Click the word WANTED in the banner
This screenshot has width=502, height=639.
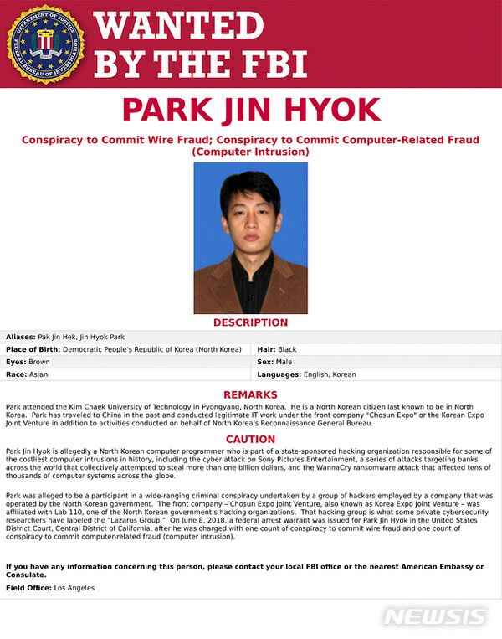178,26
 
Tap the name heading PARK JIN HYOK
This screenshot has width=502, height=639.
250,111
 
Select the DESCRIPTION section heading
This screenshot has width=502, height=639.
250,322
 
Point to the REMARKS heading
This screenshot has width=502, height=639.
250,394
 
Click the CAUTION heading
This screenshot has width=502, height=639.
250,439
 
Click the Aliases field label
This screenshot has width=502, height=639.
20,336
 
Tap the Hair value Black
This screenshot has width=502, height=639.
288,349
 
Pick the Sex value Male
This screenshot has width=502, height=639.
285,362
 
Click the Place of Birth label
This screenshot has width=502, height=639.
32,349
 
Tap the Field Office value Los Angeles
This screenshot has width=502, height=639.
74,588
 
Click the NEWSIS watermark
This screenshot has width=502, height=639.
434,617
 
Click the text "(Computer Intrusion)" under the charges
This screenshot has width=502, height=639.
250,152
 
